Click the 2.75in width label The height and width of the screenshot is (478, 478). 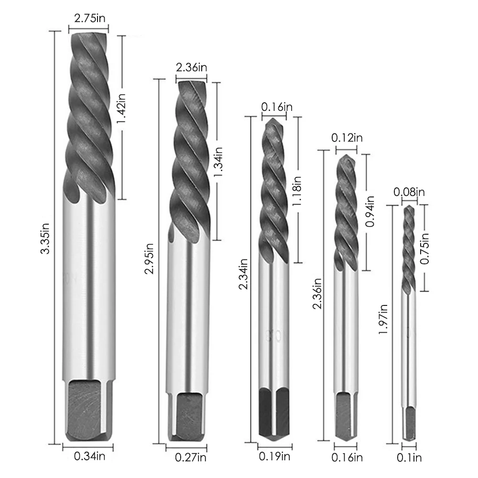click(90, 18)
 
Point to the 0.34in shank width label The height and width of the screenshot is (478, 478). click(90, 456)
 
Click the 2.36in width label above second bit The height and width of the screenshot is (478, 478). click(192, 67)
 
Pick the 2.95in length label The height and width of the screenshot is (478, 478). click(149, 259)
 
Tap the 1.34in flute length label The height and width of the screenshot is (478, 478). click(218, 162)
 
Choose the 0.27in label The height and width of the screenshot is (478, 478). click(191, 457)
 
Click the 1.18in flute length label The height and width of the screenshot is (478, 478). click(296, 191)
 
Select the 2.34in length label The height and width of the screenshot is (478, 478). click(243, 273)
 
